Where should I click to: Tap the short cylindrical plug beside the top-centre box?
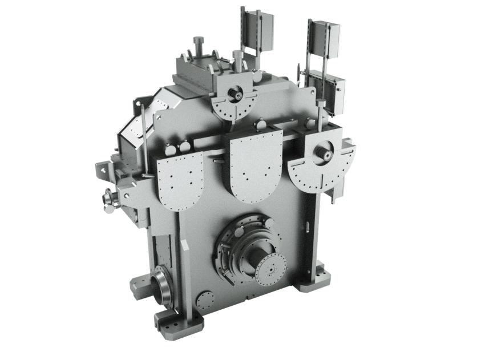pyautogui.click(x=236, y=55)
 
